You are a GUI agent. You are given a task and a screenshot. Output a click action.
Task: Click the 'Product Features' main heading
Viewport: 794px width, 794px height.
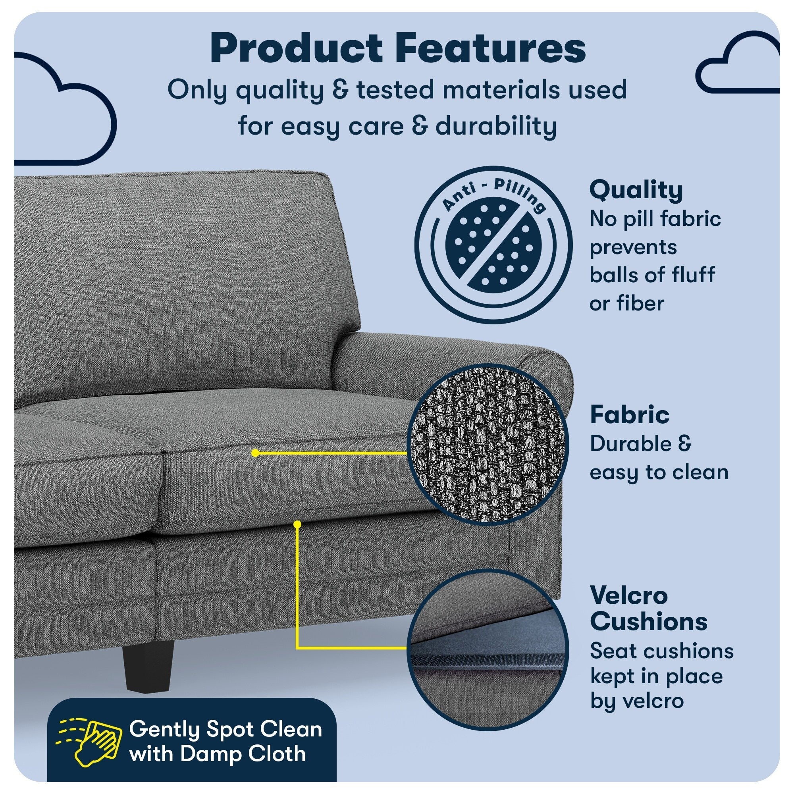click(x=397, y=48)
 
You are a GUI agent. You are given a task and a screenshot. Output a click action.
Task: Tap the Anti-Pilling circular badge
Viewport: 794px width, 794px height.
click(x=493, y=245)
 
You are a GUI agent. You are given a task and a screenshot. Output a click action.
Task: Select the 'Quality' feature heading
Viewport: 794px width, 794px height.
click(x=636, y=190)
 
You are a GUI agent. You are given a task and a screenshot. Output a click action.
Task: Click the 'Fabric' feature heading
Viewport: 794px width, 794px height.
click(x=630, y=415)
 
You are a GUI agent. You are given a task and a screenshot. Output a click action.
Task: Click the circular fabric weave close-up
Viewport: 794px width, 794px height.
click(x=488, y=444)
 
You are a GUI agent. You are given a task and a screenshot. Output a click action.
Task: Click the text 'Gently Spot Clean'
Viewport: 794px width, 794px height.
click(x=225, y=729)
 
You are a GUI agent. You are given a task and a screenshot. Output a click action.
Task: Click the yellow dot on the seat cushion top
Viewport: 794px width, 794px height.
click(x=255, y=453)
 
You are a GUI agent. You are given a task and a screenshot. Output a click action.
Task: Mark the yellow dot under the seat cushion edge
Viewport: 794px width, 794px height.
click(x=297, y=524)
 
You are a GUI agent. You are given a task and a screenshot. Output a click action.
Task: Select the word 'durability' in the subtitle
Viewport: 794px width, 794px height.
click(x=495, y=126)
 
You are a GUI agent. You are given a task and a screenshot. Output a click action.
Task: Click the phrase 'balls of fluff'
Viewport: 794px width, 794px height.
click(x=652, y=275)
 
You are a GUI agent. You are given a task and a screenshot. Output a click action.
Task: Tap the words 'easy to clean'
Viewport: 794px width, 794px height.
click(x=659, y=472)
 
